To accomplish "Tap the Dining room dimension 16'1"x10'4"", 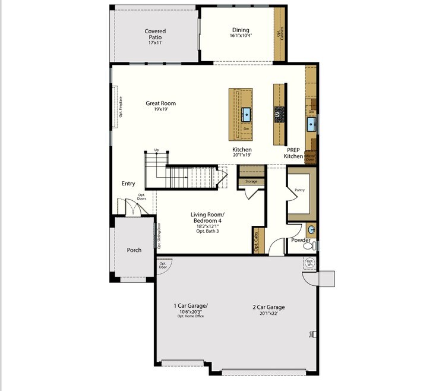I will click(x=241, y=36).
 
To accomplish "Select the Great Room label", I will click(x=160, y=103).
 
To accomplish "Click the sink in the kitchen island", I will click(x=246, y=113).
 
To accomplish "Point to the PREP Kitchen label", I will click(x=293, y=153).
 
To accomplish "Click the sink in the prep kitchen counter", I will click(x=311, y=124).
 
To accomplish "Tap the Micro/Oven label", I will click(x=309, y=157).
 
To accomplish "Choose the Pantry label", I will click(x=299, y=190).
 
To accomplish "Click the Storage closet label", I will click(x=251, y=181).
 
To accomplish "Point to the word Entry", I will click(x=128, y=184).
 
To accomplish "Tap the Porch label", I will click(x=134, y=250).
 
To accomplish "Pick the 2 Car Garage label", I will click(x=269, y=307).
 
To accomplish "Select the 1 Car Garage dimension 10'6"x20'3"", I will click(x=191, y=311).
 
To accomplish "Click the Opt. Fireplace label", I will click(x=120, y=107).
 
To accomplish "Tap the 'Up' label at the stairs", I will click(x=156, y=150).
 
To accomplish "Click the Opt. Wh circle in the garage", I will click(x=309, y=262).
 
